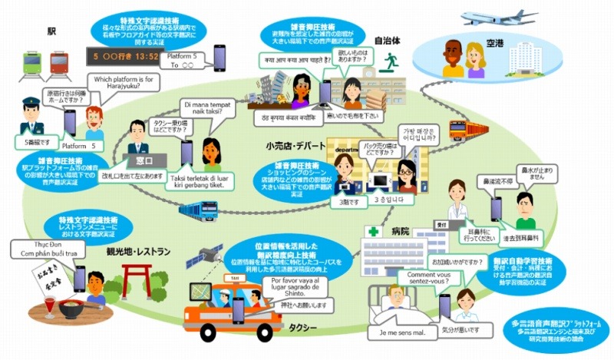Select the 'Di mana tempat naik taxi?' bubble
coord(209,110)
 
